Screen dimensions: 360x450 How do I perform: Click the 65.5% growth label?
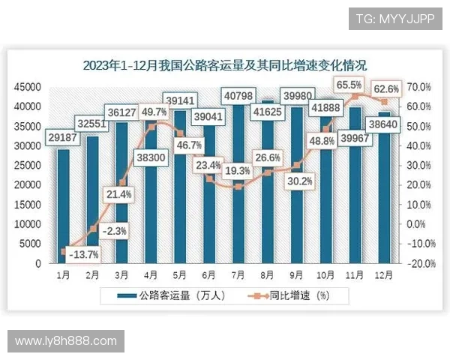point(349,85)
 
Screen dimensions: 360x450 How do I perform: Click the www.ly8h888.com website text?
point(66,341)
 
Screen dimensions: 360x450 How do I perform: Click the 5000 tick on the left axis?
point(30,244)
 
